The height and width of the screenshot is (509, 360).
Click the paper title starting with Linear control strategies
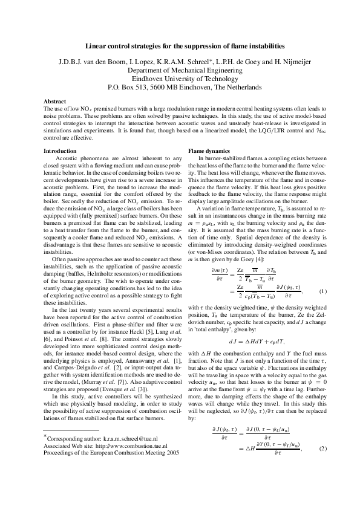point(180,46)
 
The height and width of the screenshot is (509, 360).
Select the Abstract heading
point(56,101)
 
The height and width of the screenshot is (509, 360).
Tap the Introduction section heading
point(61,150)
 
